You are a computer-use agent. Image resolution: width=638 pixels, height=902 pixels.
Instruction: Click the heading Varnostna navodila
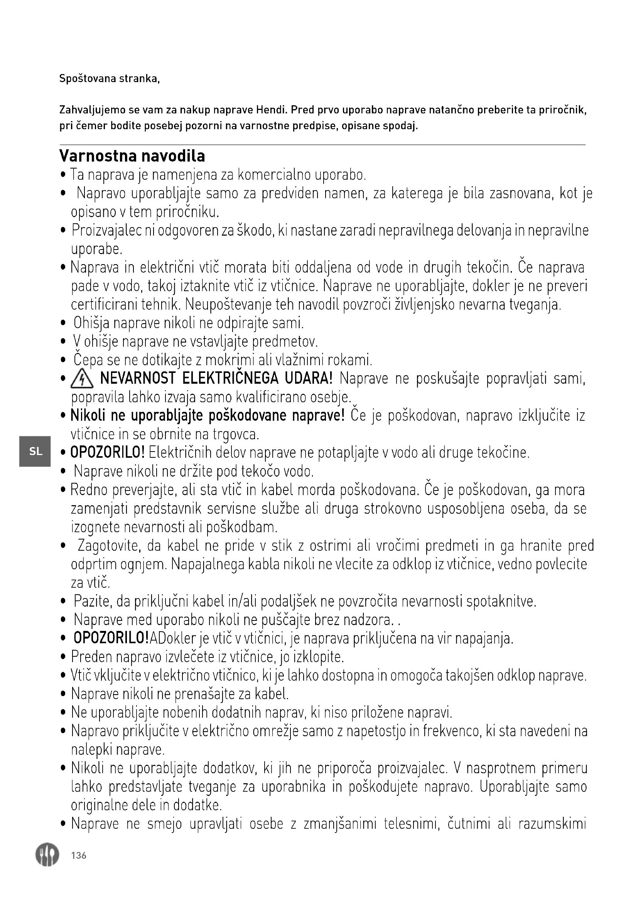coord(132,156)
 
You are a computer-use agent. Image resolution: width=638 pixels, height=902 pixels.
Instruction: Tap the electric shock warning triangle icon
coord(82,379)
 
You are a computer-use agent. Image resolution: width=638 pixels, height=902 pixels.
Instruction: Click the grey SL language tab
coord(35,452)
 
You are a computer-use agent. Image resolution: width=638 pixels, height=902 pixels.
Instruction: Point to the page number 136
coord(79,855)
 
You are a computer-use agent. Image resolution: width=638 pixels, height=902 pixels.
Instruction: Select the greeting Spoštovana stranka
coord(109,79)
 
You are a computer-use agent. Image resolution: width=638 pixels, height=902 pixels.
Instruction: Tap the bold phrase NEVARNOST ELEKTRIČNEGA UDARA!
coord(216,379)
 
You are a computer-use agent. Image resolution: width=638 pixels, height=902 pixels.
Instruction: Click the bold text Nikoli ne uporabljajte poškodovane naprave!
coord(208,416)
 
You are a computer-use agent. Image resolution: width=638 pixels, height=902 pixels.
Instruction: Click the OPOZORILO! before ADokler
coord(111,638)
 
